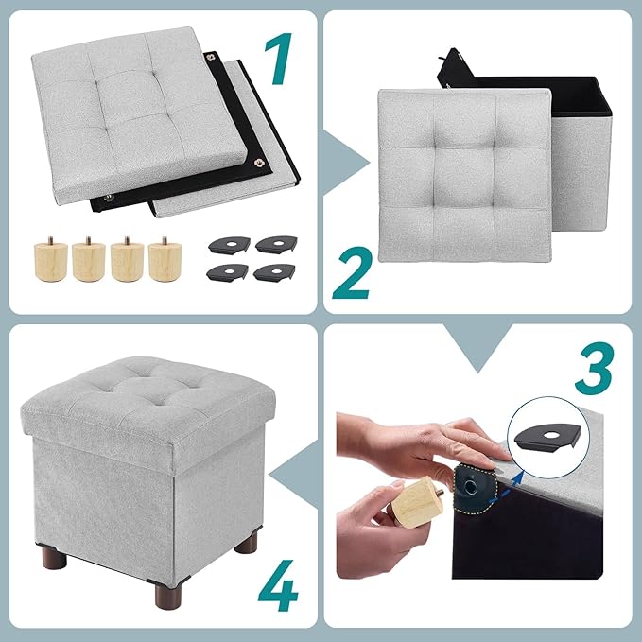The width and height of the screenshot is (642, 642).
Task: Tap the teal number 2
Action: tap(352, 272)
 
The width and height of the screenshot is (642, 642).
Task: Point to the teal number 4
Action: tap(278, 585)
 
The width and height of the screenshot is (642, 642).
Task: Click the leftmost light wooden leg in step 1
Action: tap(51, 260)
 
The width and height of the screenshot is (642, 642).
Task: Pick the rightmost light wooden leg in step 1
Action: tap(165, 260)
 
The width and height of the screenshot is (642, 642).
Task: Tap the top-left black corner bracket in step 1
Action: tap(229, 245)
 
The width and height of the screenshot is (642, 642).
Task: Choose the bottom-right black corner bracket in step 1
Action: tap(274, 272)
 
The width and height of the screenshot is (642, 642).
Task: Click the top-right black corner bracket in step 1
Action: tap(276, 244)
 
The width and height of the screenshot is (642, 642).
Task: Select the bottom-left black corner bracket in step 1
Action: tap(227, 272)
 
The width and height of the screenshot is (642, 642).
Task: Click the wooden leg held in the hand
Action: tap(417, 501)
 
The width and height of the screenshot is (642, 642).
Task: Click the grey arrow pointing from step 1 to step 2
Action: tap(342, 163)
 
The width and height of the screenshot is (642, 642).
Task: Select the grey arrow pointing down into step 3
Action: tap(477, 346)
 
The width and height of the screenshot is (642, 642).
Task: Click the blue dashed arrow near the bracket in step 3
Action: tap(507, 487)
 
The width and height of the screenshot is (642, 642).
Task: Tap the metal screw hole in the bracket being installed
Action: tap(470, 486)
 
